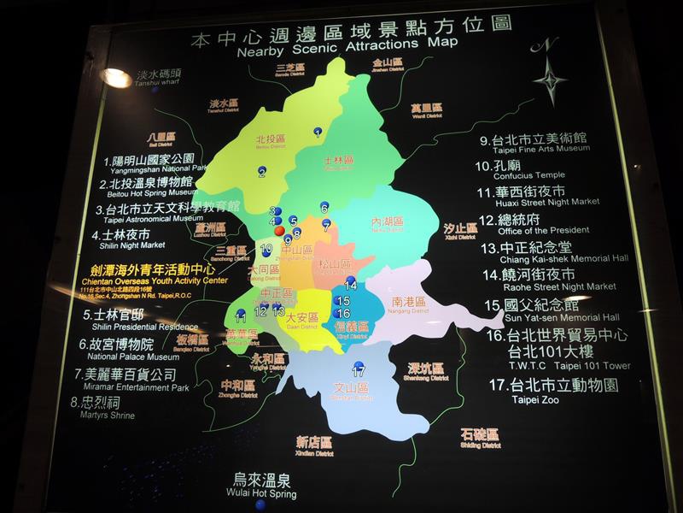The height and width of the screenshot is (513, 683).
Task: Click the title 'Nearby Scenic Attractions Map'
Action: point(348,50)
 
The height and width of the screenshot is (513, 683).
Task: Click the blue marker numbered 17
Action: point(359,372)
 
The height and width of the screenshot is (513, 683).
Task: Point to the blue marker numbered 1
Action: point(318,132)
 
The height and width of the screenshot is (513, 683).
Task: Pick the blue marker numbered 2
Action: point(262,172)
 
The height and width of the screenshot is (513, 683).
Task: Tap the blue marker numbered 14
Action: point(350,285)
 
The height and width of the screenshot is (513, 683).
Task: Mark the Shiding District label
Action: point(479,439)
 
